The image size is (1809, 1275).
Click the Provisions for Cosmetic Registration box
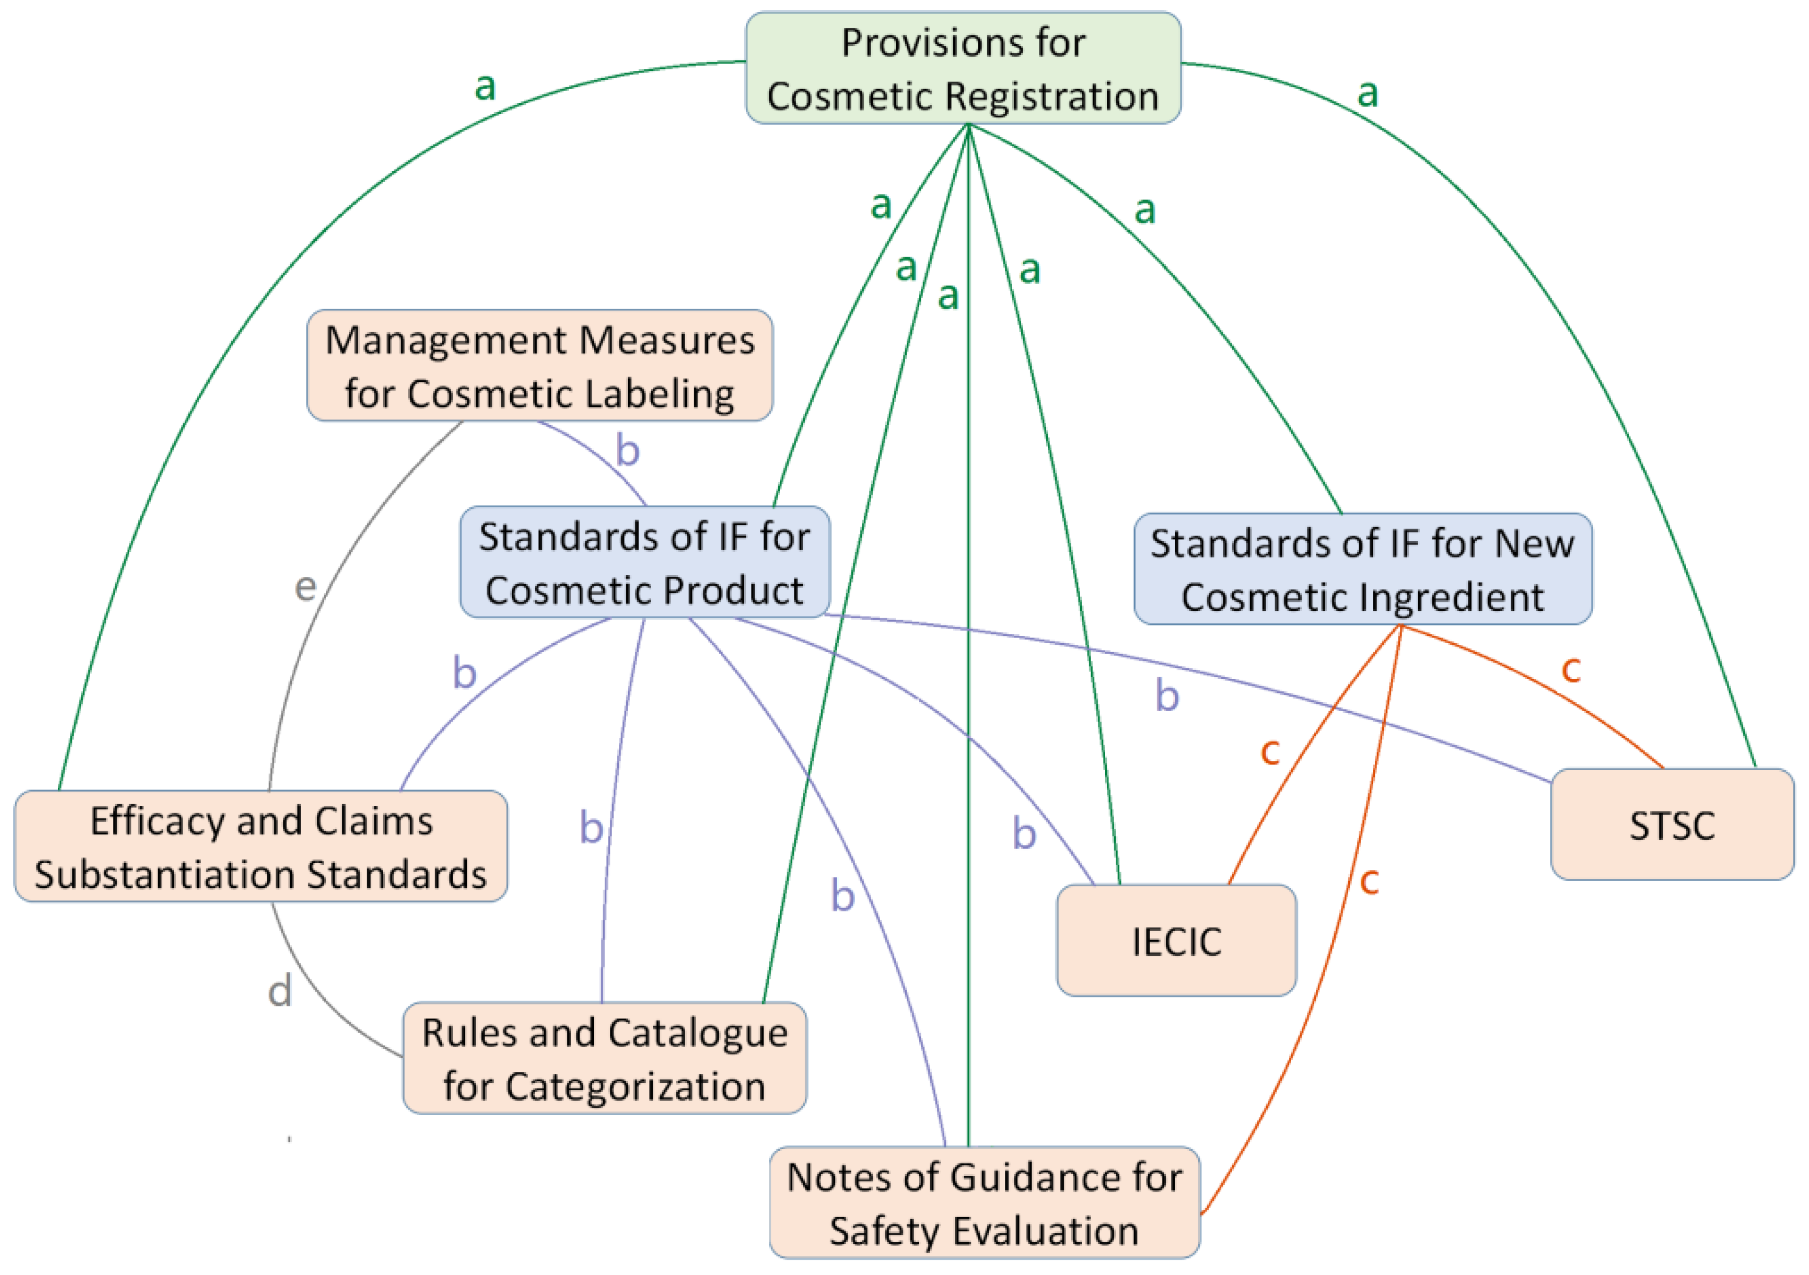pyautogui.click(x=963, y=69)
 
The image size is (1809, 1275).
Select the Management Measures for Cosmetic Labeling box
pyautogui.click(x=540, y=365)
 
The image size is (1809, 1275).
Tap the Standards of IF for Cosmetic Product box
pyautogui.click(x=644, y=563)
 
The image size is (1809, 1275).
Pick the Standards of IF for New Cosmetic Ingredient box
pyautogui.click(x=1362, y=569)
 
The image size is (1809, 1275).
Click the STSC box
pyautogui.click(x=1671, y=825)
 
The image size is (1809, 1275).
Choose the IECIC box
pyautogui.click(x=1177, y=941)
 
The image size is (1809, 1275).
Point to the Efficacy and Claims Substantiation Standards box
pyautogui.click(x=261, y=847)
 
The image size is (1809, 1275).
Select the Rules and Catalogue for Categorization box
pyautogui.click(x=604, y=1059)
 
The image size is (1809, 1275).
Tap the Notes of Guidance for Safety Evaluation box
pyautogui.click(x=984, y=1202)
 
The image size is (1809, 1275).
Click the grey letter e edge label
pyautogui.click(x=305, y=587)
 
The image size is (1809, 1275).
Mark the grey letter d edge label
pyautogui.click(x=280, y=991)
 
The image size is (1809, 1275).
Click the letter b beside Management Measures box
pyautogui.click(x=627, y=450)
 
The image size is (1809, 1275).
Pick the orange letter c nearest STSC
pyautogui.click(x=1571, y=669)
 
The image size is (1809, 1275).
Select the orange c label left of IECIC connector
pyautogui.click(x=1270, y=751)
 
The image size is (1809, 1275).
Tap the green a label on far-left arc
pyautogui.click(x=485, y=86)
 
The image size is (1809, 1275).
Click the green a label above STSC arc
pyautogui.click(x=1368, y=93)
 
